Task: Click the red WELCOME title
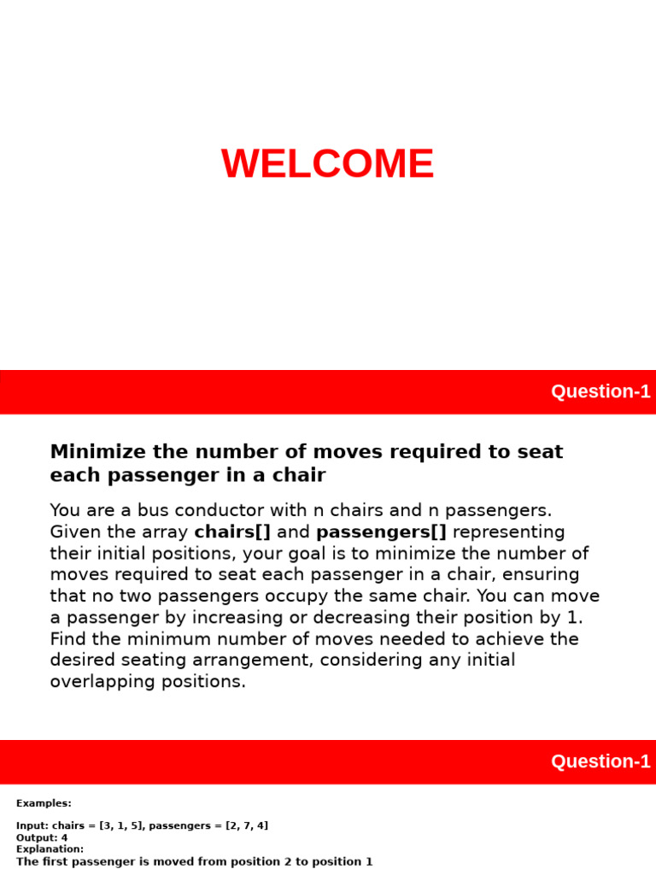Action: click(327, 164)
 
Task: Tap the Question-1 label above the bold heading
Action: click(600, 391)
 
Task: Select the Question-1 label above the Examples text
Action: click(600, 761)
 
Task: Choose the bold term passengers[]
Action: click(381, 532)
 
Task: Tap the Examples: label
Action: click(44, 803)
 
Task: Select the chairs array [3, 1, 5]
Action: click(116, 825)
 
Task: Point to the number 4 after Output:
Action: click(64, 837)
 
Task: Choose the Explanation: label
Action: click(50, 849)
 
